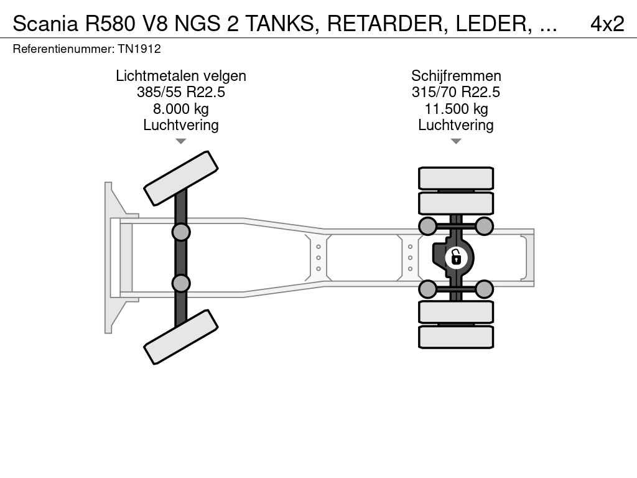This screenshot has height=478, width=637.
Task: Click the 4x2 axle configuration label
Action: click(607, 23)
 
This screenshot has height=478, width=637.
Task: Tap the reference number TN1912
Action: click(139, 49)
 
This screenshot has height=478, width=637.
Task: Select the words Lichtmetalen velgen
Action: click(181, 76)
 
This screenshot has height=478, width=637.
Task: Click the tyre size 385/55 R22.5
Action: click(181, 92)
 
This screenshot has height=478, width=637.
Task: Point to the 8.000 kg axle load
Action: click(181, 109)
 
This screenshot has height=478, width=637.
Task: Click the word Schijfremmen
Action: click(456, 76)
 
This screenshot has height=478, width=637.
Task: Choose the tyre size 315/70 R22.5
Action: click(456, 92)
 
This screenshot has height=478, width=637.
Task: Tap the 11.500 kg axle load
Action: click(456, 109)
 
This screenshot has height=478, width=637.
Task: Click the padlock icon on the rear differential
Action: click(456, 256)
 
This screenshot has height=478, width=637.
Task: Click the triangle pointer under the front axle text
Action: click(180, 141)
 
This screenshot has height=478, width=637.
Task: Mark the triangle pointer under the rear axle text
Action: click(456, 141)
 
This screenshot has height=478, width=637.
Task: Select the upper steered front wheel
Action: click(180, 178)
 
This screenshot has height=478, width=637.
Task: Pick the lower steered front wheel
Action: click(180, 337)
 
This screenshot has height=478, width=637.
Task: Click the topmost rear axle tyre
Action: click(456, 179)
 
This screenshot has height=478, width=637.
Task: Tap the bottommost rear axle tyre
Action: click(456, 337)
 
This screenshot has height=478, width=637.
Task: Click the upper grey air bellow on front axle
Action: click(180, 232)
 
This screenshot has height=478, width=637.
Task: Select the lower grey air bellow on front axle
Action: click(180, 283)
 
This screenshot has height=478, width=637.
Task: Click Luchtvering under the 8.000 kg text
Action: click(181, 125)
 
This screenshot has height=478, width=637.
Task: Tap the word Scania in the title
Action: click(45, 23)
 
